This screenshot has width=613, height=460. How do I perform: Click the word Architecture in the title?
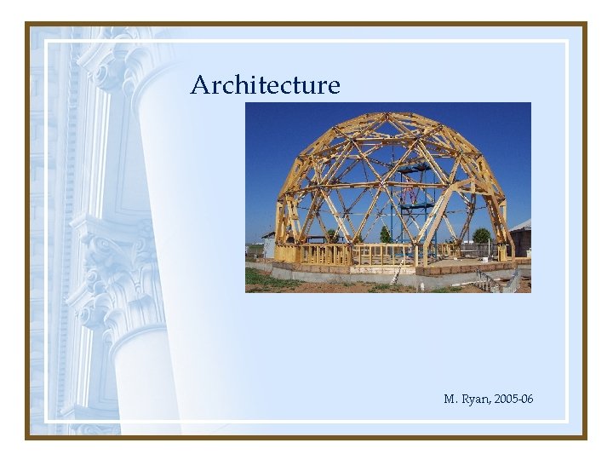pyautogui.click(x=265, y=85)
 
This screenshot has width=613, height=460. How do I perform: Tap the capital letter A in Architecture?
pyautogui.click(x=200, y=85)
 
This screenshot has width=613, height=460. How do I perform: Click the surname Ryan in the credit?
pyautogui.click(x=474, y=399)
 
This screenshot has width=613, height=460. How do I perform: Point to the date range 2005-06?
pyautogui.click(x=514, y=399)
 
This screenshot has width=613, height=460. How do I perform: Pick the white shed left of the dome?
pyautogui.click(x=269, y=246)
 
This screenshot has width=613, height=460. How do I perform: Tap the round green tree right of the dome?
pyautogui.click(x=481, y=235)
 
